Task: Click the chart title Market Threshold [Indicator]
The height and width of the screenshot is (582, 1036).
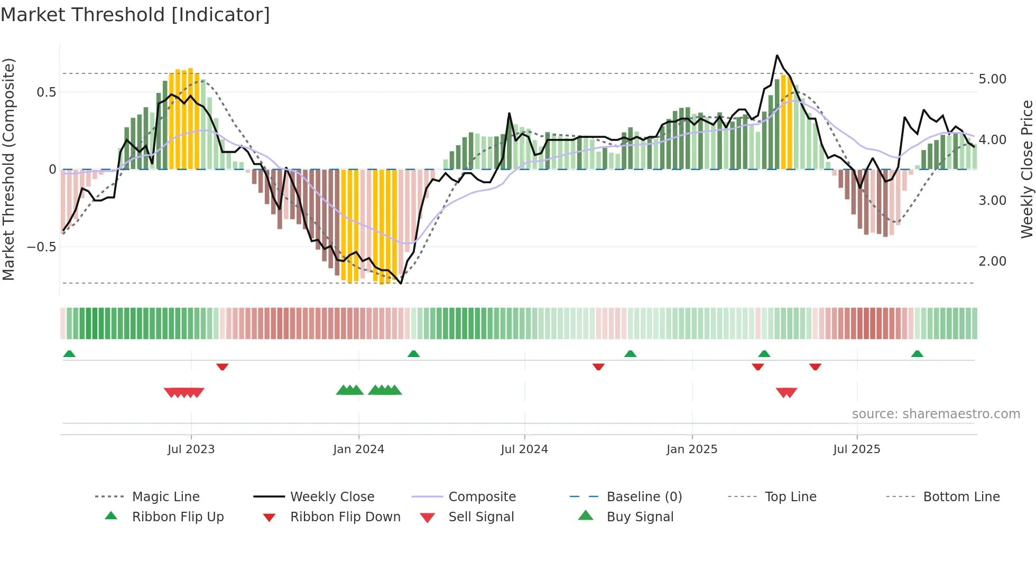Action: pos(135,15)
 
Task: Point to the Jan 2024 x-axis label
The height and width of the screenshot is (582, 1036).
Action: pos(358,449)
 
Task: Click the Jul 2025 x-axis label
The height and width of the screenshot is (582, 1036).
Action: pos(856,449)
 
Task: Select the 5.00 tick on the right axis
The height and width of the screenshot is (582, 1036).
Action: pos(992,79)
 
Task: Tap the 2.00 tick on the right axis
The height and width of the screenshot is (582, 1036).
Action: pos(992,261)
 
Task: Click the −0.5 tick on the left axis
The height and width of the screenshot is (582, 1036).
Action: pos(42,247)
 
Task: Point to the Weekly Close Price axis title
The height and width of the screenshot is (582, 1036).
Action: pos(1026,169)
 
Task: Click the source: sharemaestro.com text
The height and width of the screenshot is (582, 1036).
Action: pos(936,414)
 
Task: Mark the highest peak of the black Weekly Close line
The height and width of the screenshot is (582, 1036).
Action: pos(777,55)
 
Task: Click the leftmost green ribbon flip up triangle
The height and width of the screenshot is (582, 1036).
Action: pos(69,354)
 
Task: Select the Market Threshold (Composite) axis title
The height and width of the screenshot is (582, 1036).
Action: pos(8,169)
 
